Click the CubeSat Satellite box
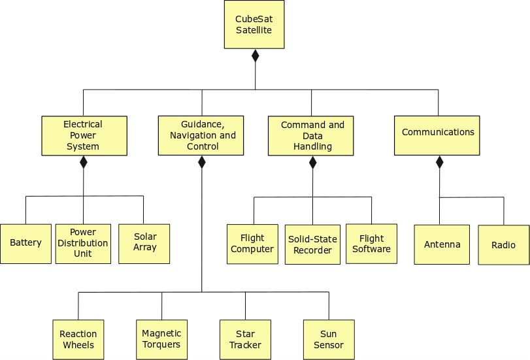point(254,24)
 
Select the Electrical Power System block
point(83,135)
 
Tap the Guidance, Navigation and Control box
point(201,135)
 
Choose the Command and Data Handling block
point(312,135)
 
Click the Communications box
point(437,135)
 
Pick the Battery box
point(25,244)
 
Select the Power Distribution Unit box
point(83,244)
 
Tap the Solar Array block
point(144,244)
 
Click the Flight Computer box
point(252,244)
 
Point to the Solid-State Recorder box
point(312,244)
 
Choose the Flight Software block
point(371,244)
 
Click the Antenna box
point(442,244)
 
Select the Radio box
point(503,245)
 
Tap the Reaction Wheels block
point(78,340)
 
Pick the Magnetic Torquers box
point(161,339)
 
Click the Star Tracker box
point(245,340)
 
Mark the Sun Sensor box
point(329,340)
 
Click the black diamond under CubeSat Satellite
point(255,56)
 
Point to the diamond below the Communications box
point(439,161)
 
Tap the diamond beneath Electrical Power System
point(83,162)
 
